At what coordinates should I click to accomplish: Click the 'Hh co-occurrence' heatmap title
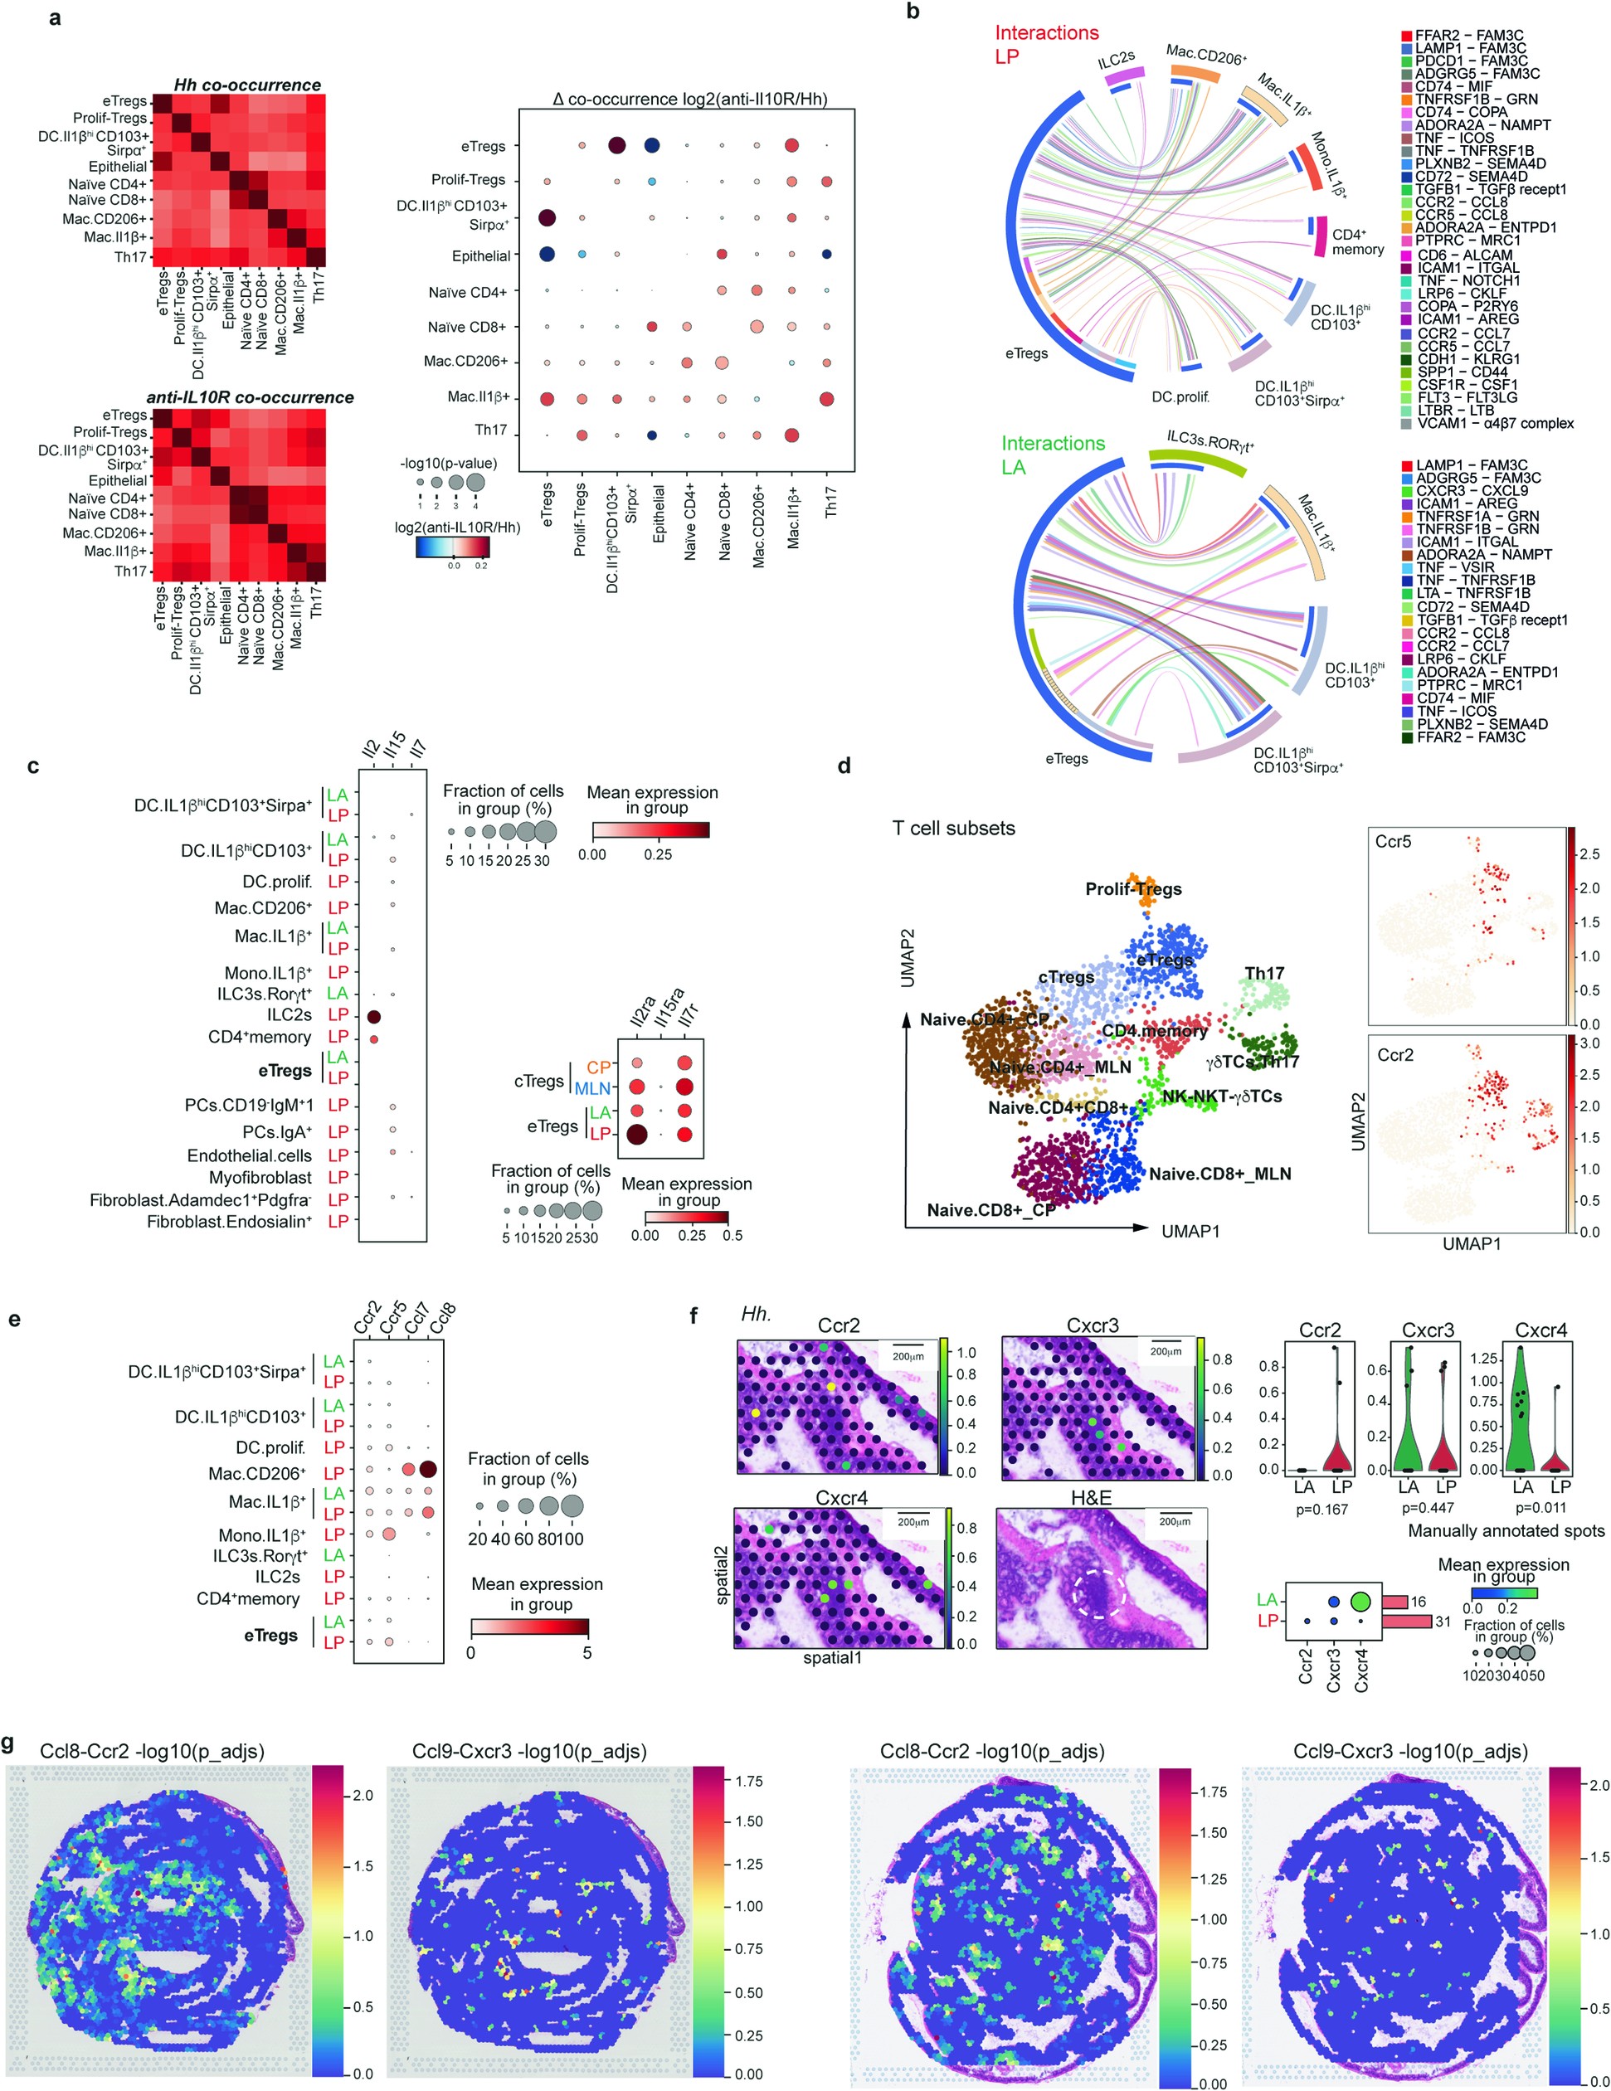(x=247, y=85)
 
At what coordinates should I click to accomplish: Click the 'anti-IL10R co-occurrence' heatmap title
(x=249, y=397)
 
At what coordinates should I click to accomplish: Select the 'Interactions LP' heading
(x=1046, y=44)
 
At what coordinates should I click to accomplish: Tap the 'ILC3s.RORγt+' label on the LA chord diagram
(x=1209, y=441)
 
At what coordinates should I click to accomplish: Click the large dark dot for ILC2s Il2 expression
(x=374, y=1017)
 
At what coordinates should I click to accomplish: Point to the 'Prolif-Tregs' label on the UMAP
(x=1133, y=889)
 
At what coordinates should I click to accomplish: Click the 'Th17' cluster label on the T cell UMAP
(x=1263, y=974)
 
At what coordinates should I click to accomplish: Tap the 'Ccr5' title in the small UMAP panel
(x=1393, y=842)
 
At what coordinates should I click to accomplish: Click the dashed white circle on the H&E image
(x=1098, y=1593)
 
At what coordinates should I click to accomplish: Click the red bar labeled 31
(x=1405, y=1621)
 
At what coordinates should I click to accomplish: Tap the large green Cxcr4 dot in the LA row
(x=1360, y=1601)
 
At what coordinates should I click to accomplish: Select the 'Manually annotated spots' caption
(x=1506, y=1531)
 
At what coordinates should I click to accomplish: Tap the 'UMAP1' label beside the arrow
(x=1190, y=1231)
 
